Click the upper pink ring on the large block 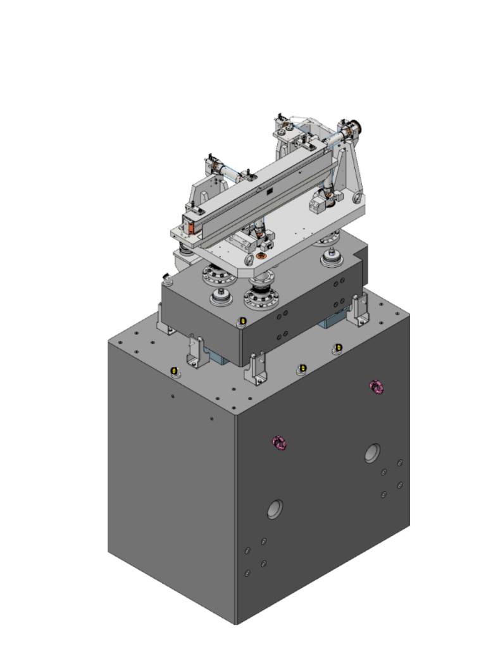click(377, 386)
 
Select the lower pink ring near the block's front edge click(278, 444)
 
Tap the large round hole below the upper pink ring click(372, 452)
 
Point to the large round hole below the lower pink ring click(275, 509)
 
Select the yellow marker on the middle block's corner click(242, 322)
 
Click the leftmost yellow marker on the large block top click(174, 371)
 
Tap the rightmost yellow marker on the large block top click(339, 347)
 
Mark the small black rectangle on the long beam click(268, 190)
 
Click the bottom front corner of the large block click(236, 623)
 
